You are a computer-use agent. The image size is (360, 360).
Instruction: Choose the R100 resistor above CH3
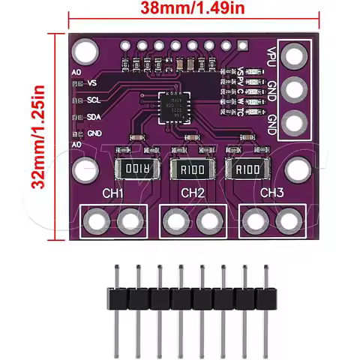pos(245,169)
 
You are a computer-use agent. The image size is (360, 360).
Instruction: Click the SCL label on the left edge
pos(94,99)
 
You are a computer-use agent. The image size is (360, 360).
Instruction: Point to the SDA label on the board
pos(94,116)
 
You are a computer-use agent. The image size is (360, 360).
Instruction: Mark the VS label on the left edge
pos(92,82)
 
